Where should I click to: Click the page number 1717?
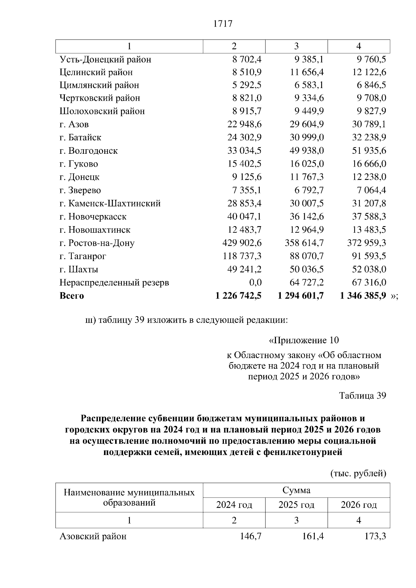223,24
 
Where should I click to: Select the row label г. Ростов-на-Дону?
97,243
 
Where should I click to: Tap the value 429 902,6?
242,243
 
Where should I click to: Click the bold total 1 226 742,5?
238,296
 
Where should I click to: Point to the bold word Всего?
72,296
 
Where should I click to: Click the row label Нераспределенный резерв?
114,283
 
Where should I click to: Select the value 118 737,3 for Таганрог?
242,256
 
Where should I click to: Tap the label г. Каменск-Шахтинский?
110,204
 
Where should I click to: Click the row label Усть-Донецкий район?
105,60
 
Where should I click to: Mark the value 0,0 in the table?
255,283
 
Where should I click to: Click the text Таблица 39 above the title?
362,395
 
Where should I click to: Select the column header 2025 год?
296,505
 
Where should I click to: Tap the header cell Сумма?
296,490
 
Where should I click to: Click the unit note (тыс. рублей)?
358,473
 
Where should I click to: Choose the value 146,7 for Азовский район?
251,536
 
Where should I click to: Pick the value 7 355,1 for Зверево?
247,190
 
